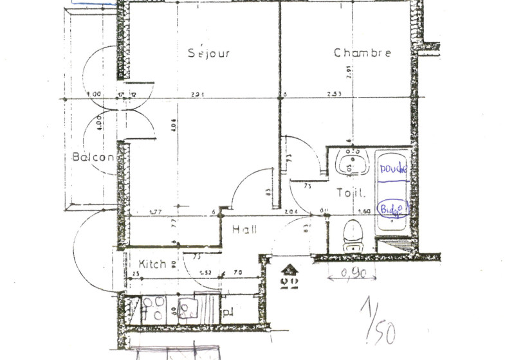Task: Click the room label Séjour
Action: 209,53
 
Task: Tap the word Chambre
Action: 362,53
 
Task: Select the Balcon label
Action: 93,157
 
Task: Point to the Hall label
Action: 244,229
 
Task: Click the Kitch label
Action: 153,264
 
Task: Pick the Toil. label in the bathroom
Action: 352,192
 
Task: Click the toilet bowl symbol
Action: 353,236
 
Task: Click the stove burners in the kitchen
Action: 155,308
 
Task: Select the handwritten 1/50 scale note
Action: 378,321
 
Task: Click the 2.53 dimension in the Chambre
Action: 335,94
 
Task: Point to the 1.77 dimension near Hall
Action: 154,212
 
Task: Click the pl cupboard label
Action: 228,313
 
